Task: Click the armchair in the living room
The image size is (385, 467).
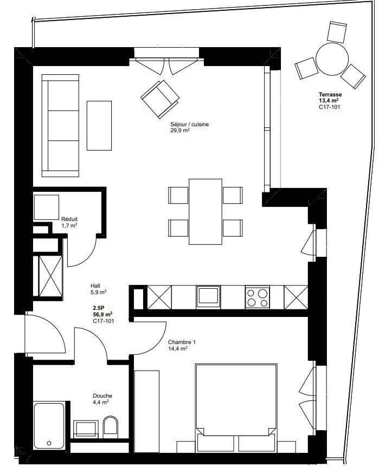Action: pos(160,98)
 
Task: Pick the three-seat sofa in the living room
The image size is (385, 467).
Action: pos(61,126)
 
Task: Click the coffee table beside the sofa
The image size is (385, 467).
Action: pos(99,126)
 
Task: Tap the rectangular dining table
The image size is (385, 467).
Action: pos(205,211)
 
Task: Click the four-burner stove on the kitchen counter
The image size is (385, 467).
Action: pos(258,297)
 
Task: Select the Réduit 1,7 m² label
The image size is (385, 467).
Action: pos(69,222)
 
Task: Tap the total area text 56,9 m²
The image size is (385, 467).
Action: pos(102,314)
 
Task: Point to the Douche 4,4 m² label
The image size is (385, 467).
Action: pos(102,399)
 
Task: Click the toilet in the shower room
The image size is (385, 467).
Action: pos(110,427)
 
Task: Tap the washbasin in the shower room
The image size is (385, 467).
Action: pos(85,428)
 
